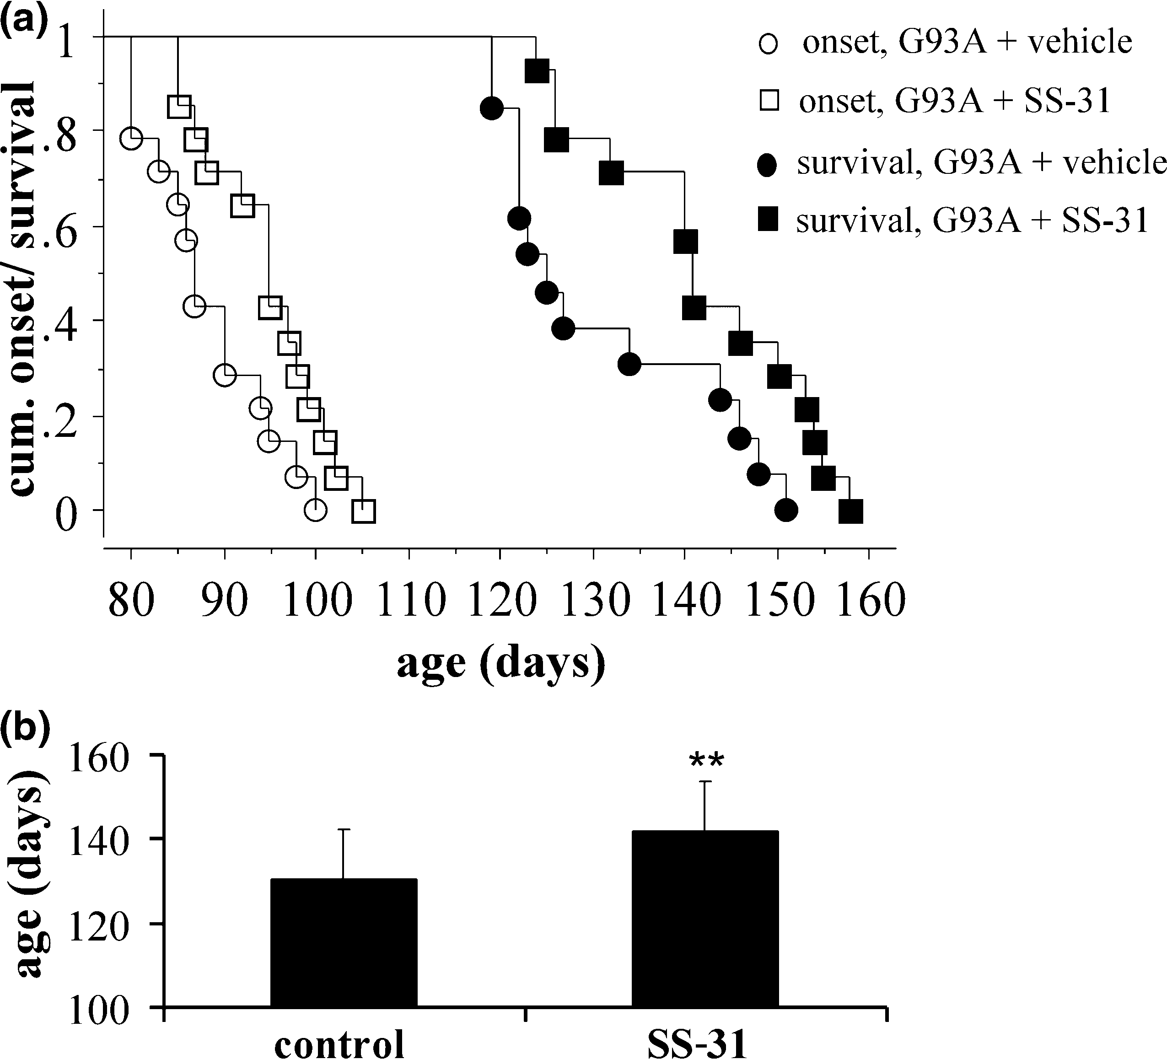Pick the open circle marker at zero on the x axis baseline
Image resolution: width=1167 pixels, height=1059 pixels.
coord(316,510)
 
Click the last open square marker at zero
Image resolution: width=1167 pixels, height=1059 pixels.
coord(364,511)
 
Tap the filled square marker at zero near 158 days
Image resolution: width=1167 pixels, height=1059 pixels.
coord(851,512)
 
